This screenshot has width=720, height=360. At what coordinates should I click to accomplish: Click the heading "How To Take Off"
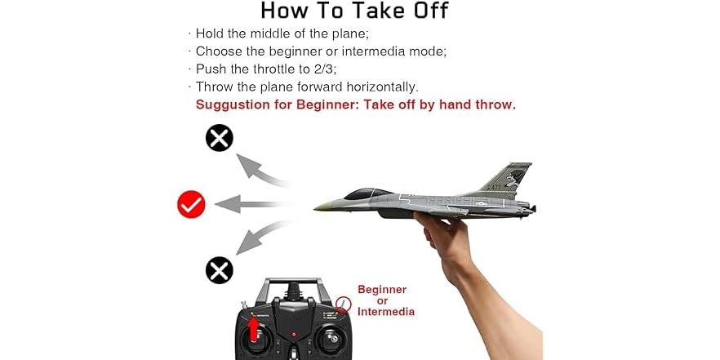point(354,11)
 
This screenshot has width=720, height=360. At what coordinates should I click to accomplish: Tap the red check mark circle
point(191,204)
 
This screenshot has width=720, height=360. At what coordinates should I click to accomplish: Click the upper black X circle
point(219,138)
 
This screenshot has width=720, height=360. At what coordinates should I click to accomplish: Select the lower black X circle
point(219,269)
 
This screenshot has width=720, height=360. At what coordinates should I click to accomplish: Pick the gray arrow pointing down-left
point(260,238)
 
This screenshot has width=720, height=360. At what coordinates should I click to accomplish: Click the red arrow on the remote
point(254,327)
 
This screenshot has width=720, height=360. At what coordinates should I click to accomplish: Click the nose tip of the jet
point(317,208)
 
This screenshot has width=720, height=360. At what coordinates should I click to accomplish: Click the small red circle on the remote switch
point(344,304)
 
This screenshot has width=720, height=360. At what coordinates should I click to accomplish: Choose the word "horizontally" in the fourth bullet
point(379,87)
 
